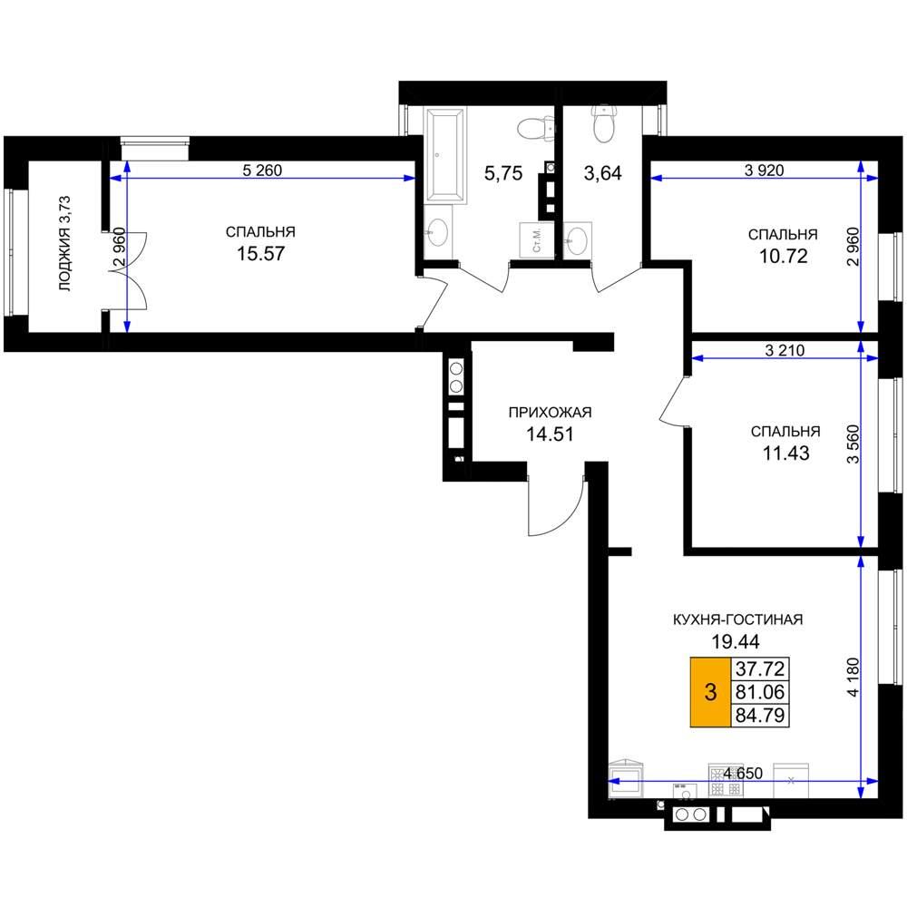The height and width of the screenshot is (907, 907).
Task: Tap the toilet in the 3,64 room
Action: (603, 123)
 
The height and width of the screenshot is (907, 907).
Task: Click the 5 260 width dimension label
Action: (262, 171)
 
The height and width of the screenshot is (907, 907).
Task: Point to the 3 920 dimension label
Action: (764, 171)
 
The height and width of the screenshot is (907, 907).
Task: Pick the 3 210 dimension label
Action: (785, 350)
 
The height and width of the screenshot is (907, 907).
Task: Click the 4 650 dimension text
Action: (743, 773)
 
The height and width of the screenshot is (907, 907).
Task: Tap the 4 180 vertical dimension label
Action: (853, 678)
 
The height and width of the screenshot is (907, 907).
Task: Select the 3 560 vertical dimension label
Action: (853, 444)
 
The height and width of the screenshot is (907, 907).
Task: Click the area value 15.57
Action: (261, 253)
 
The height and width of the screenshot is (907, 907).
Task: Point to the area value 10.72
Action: (784, 256)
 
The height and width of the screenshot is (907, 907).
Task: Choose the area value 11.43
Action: (785, 453)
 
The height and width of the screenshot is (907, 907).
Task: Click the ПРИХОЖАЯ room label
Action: (551, 413)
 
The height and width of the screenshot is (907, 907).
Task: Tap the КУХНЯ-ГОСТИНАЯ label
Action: (738, 619)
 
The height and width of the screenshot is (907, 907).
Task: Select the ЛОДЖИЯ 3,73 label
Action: (64, 243)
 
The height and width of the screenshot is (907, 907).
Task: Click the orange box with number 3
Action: (711, 692)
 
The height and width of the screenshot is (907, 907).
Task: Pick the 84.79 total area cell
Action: (760, 716)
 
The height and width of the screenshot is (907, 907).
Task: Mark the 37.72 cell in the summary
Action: (760, 668)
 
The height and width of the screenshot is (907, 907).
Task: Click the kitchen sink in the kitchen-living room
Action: (626, 778)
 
